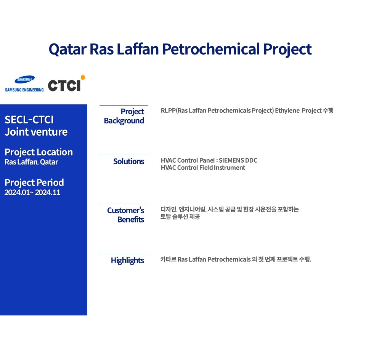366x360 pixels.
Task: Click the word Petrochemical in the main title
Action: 211,49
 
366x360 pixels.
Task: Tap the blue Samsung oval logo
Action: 24,80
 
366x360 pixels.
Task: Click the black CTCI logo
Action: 64,85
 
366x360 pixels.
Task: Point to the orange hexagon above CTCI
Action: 83,77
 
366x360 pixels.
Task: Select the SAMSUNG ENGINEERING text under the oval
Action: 24,90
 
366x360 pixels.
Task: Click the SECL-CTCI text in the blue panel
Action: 29,120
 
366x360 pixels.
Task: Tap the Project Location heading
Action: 39,152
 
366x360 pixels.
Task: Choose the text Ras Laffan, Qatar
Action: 31,162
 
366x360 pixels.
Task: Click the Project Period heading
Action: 34,182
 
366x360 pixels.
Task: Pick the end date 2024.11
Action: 48,192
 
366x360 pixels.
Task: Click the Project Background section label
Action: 124,116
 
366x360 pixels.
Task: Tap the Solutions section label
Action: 128,162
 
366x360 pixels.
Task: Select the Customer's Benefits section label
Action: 125,215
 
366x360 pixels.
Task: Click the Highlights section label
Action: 127,261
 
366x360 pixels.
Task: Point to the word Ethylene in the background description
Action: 287,110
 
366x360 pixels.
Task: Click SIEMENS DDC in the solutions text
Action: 238,160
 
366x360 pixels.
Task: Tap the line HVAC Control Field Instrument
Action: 203,168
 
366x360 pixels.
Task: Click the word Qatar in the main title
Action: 68,50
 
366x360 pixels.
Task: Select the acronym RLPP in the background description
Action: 168,110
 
